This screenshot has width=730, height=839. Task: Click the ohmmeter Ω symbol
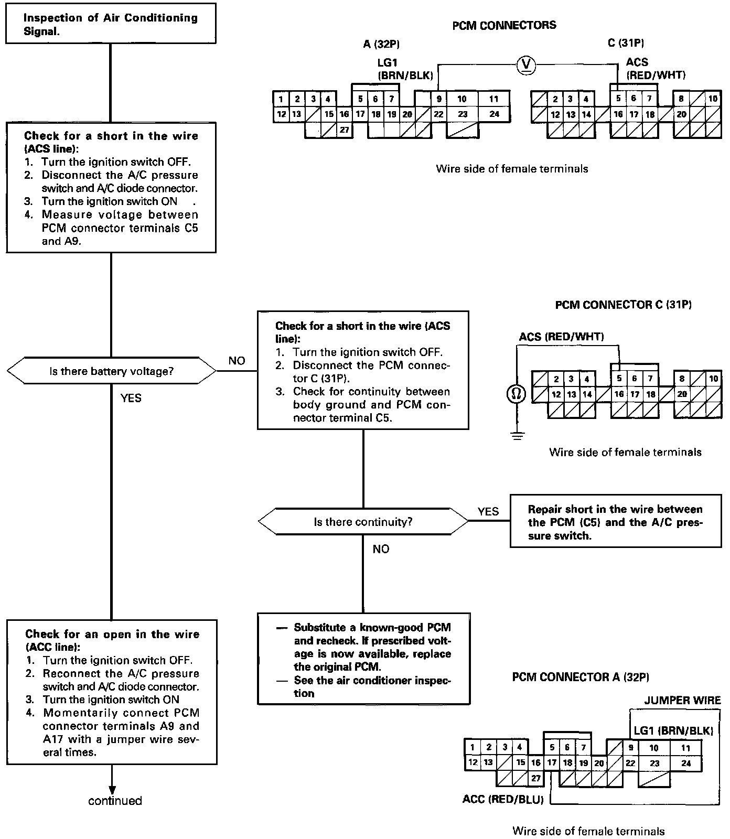tap(516, 394)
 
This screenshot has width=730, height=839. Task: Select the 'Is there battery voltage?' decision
tap(111, 371)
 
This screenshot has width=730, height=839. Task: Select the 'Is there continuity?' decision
tap(363, 522)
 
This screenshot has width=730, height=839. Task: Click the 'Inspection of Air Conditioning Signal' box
tap(111, 24)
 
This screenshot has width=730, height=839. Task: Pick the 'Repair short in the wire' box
tap(615, 522)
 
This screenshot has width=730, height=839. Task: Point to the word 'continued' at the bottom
tap(115, 801)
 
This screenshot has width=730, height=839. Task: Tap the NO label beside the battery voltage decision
tap(237, 361)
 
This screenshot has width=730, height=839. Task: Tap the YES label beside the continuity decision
tap(488, 511)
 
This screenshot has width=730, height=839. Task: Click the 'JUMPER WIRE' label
tap(682, 701)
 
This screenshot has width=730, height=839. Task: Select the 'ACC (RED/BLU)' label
tap(503, 800)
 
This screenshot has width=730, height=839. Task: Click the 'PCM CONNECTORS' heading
tap(504, 25)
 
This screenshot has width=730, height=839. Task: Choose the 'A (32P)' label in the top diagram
tap(378, 44)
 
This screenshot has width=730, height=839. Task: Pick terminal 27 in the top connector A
tap(345, 130)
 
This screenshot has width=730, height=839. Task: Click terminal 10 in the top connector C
tap(713, 99)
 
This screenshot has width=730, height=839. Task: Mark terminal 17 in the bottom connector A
tap(552, 763)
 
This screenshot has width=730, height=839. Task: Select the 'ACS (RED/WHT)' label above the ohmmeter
tap(561, 337)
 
